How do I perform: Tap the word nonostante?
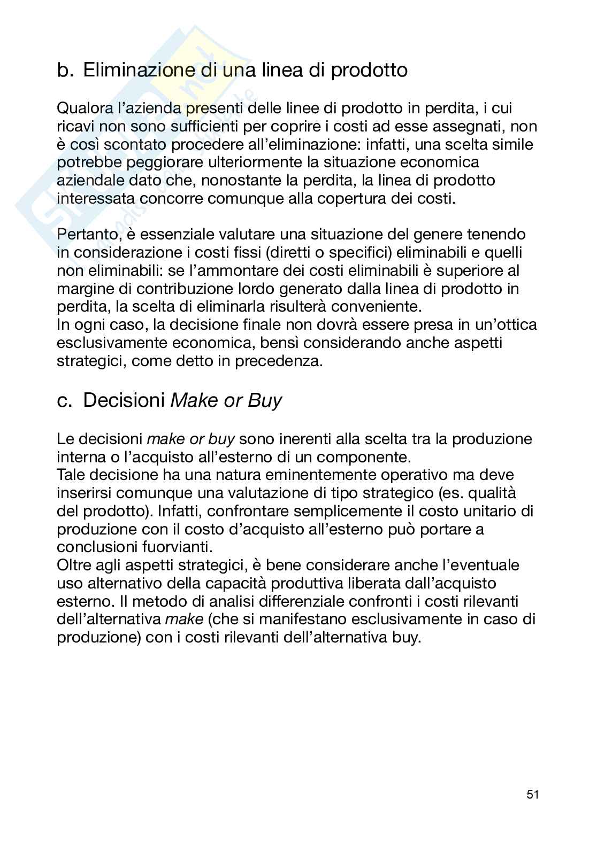click(x=234, y=180)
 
